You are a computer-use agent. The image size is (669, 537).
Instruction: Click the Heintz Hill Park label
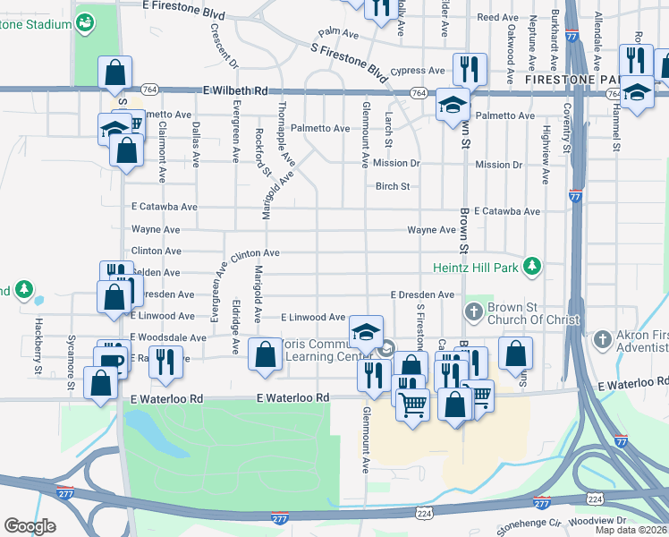pos(474,266)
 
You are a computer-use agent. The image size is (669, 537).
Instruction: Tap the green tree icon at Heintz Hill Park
pos(533,266)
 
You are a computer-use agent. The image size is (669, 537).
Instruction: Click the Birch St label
pos(392,186)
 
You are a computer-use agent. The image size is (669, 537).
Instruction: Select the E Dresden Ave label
pos(423,294)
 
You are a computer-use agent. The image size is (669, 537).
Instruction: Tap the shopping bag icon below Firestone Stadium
pos(114,72)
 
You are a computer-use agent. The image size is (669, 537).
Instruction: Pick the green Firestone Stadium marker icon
pos(85,23)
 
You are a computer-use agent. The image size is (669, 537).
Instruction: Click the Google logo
pos(30,526)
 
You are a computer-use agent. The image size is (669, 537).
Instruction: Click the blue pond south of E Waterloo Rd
pos(145,424)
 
